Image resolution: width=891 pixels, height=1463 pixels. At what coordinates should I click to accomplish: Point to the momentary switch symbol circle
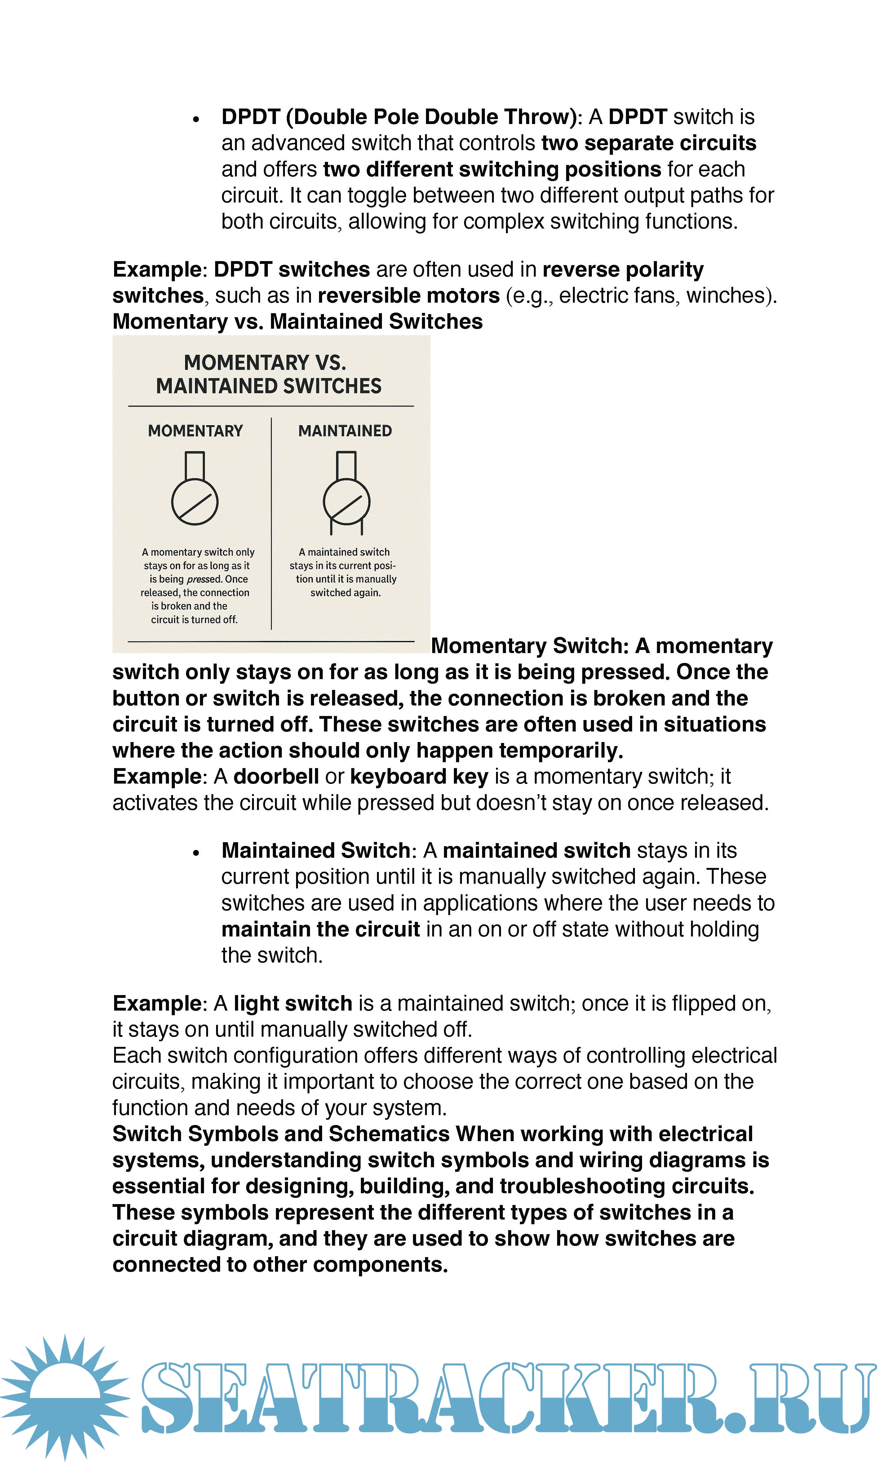tap(195, 502)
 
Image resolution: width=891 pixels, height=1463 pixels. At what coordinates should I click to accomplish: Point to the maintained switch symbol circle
tap(347, 502)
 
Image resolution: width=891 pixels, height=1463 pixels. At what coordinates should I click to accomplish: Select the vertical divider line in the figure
tap(271, 522)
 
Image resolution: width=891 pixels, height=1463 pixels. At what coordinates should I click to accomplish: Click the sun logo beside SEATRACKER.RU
tap(64, 1398)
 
